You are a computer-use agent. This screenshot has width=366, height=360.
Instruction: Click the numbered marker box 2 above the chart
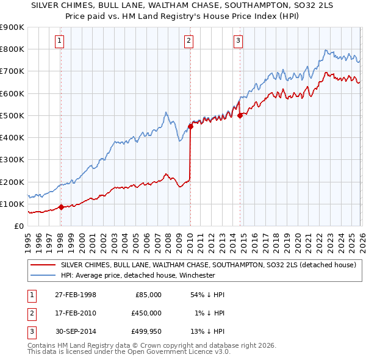point(189,41)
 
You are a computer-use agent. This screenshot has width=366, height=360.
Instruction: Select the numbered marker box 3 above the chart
point(238,41)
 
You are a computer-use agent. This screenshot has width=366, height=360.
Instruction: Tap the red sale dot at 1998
point(61,207)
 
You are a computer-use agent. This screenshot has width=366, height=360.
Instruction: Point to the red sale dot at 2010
point(190,126)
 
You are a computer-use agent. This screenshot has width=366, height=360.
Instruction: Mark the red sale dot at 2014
point(240,115)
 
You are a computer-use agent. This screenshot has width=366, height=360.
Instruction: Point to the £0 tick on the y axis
point(18,226)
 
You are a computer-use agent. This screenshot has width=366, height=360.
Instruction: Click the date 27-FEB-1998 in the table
point(76,295)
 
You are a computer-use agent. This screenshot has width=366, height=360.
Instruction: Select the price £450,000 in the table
point(146,313)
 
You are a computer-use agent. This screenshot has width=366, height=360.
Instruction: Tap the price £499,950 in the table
point(146,331)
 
